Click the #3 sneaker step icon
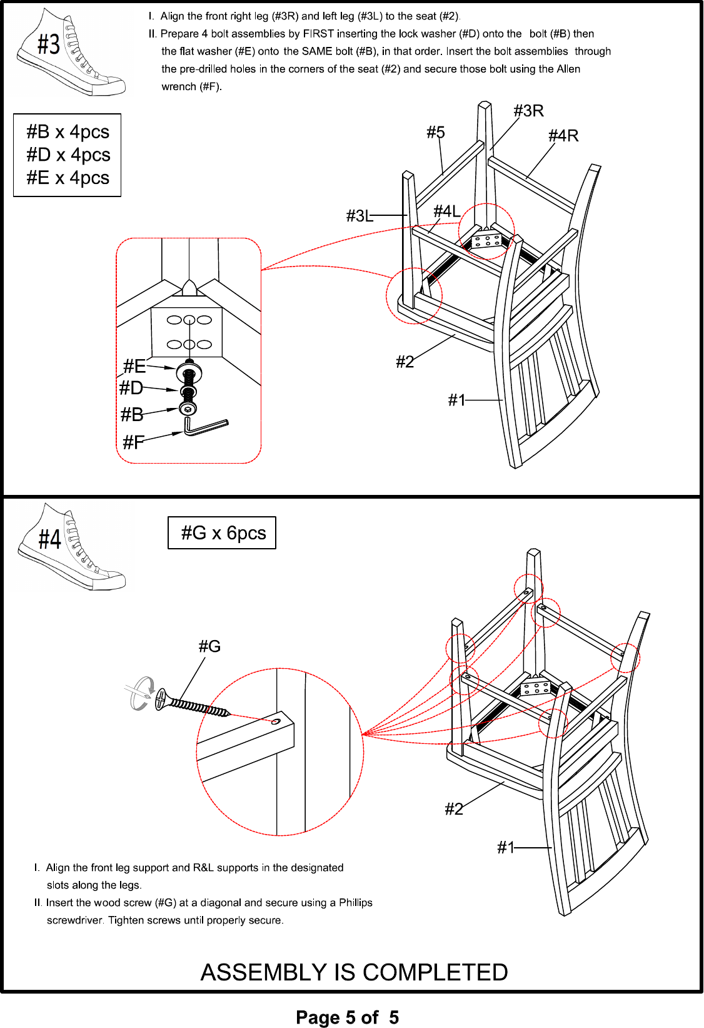tap(71, 53)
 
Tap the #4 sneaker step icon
tap(71, 546)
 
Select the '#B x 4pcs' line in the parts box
tap(68, 132)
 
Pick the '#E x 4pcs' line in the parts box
tap(68, 178)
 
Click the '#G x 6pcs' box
tap(222, 533)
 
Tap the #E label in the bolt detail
tap(134, 366)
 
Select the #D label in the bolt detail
tap(131, 389)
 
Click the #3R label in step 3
tap(528, 111)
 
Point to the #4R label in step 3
tap(563, 136)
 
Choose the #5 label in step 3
tap(436, 133)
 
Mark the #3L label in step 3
tap(360, 216)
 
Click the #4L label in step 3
tap(447, 211)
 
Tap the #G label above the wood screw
tap(209, 646)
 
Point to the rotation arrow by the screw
tap(141, 693)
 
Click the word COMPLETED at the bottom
tap(435, 972)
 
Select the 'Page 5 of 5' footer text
tap(347, 1017)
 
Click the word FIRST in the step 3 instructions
tap(318, 34)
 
